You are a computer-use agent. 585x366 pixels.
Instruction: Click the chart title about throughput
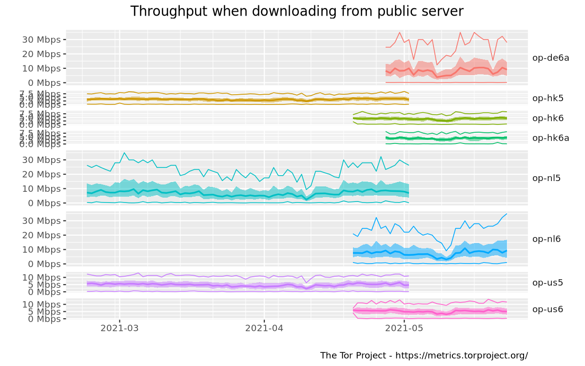pos(297,11)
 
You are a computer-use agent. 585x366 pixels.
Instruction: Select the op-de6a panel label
pos(551,58)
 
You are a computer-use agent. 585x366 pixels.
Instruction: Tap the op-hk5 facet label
pos(548,98)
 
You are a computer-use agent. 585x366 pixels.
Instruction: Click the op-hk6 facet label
pos(548,118)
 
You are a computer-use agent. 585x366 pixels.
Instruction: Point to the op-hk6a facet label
pos(551,138)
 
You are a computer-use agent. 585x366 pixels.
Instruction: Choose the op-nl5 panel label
pos(546,178)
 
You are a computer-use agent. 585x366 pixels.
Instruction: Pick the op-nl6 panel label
pos(546,239)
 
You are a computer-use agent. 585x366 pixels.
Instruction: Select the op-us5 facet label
pos(548,282)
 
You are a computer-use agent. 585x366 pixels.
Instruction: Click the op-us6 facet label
pos(548,309)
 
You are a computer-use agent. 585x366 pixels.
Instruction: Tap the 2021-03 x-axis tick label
pos(119,328)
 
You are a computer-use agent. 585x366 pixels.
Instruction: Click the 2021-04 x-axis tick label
pos(264,328)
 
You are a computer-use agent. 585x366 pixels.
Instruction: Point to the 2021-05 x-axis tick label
pos(405,328)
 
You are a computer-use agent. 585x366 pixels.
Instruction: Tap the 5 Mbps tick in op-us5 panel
pos(46,285)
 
